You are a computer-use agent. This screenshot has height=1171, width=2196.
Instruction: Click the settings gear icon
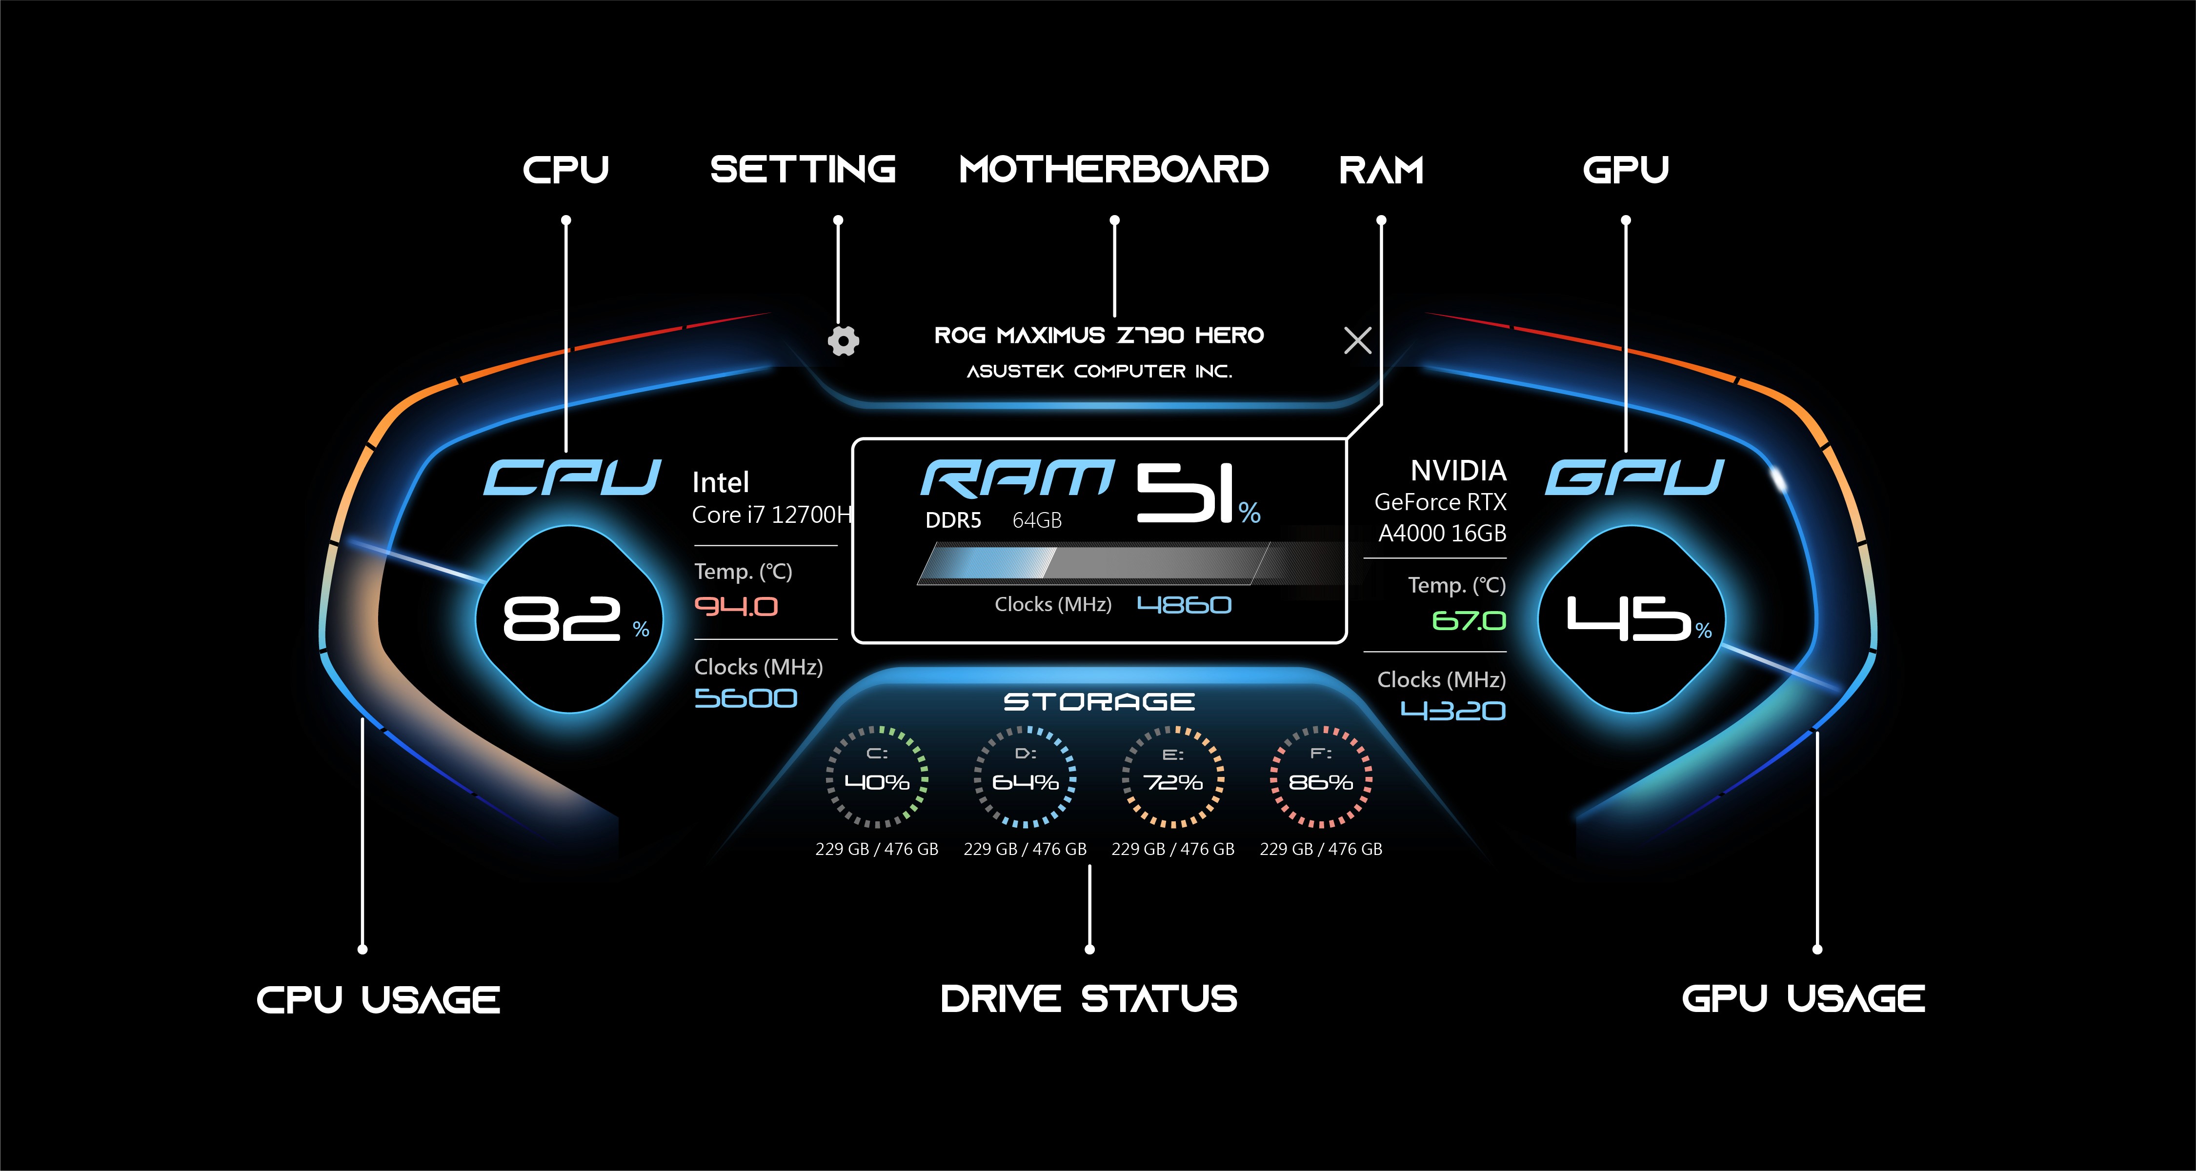pos(843,341)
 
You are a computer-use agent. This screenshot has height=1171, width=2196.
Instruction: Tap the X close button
pos(1357,341)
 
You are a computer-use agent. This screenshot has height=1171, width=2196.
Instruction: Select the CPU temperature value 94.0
pos(736,607)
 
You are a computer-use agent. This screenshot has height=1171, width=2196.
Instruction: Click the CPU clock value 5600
pos(745,698)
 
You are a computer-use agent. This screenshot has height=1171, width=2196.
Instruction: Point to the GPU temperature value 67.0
pos(1468,620)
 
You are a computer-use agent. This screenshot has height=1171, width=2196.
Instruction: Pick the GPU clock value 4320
pos(1452,711)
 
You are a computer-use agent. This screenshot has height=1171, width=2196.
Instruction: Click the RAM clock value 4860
pos(1184,605)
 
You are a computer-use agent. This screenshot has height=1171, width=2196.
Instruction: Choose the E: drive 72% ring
pos(1173,777)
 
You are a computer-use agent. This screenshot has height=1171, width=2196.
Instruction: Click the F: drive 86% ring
pos(1321,777)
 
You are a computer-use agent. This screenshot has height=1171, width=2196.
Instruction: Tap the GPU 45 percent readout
pos(1628,619)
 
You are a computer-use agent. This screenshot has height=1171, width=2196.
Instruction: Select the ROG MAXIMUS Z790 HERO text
pos(1099,335)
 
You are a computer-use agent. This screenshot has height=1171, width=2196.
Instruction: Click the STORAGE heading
pos(1099,701)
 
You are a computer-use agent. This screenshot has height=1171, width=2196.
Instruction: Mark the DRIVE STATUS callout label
pos(1088,999)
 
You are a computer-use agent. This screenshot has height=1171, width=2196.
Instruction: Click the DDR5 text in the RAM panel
pos(953,520)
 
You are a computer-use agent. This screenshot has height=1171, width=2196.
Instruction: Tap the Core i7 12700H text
pos(771,515)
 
